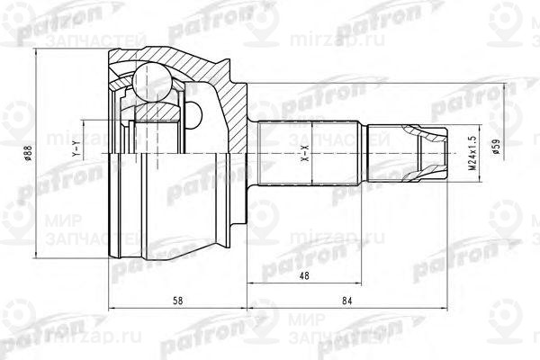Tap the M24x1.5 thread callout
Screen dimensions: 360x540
click(470, 153)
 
